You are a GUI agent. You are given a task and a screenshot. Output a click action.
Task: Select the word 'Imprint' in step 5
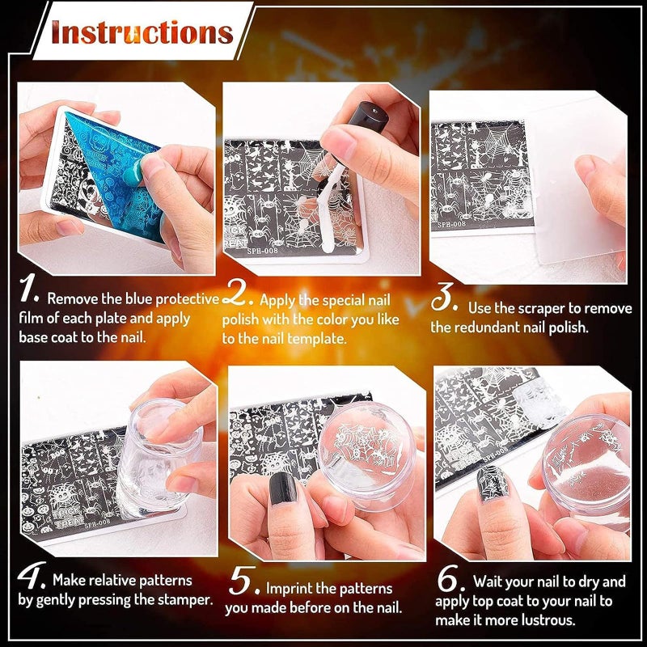pyautogui.click(x=289, y=589)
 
